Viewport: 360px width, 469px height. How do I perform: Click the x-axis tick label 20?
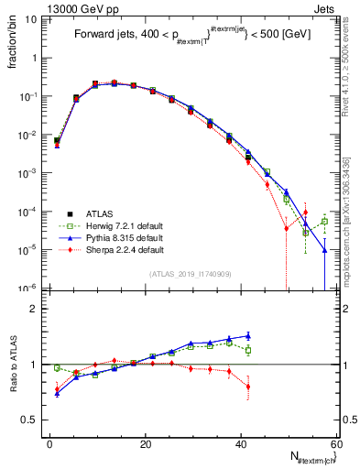coord(146,442)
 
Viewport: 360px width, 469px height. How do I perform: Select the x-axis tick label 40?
coord(241,442)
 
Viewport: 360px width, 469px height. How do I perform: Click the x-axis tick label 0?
coord(50,442)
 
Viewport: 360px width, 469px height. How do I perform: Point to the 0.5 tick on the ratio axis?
coord(34,420)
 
